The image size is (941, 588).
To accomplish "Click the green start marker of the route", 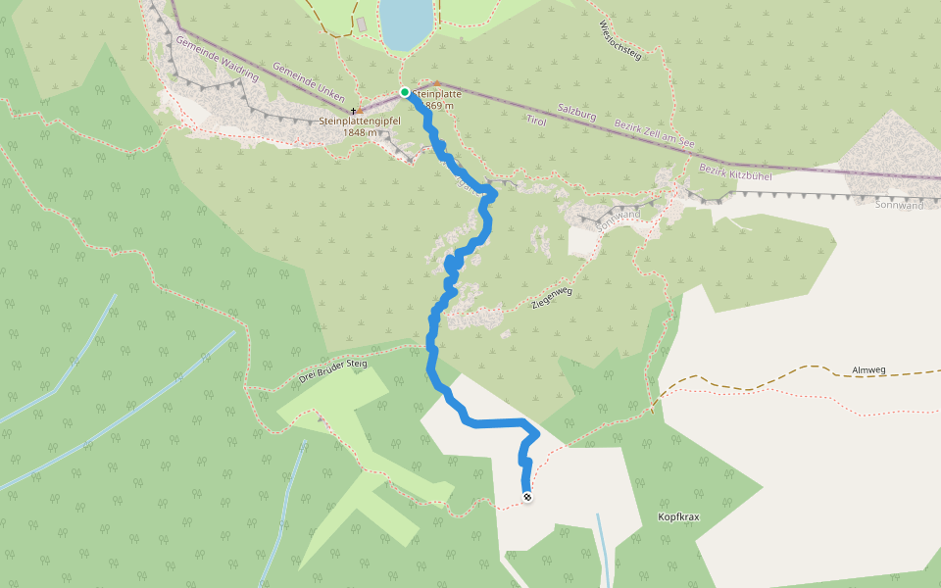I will pyautogui.click(x=405, y=92).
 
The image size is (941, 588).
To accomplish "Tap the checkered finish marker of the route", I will pyautogui.click(x=527, y=498).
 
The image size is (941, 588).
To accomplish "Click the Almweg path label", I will pyautogui.click(x=869, y=370).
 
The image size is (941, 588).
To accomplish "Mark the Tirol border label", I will pyautogui.click(x=535, y=120).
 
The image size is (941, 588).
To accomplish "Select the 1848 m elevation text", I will pyautogui.click(x=360, y=132).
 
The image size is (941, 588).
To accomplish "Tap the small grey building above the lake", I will pyautogui.click(x=362, y=23).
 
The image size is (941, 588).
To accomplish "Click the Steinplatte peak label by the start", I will pyautogui.click(x=437, y=94).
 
